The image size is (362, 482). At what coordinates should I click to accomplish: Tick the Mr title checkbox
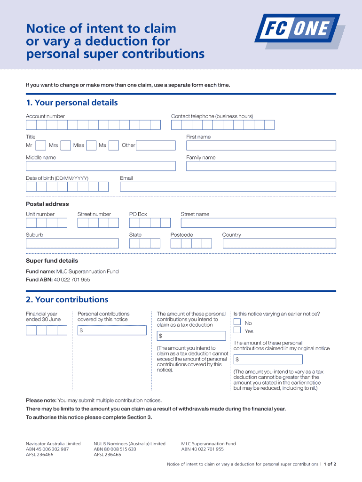[41, 145]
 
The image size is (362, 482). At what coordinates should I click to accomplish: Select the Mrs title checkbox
[66, 145]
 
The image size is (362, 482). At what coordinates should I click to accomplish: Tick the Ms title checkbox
[113, 145]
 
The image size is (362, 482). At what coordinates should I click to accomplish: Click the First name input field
[261, 145]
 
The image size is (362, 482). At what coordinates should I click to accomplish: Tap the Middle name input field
[101, 166]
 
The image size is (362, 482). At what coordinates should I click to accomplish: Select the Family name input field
[261, 166]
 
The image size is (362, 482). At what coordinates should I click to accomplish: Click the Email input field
[228, 187]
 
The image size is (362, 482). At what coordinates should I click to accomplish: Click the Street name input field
[258, 223]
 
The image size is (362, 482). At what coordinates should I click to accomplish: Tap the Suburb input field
[72, 243]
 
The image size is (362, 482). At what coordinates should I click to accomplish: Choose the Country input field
[279, 243]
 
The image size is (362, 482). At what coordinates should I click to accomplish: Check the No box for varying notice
[237, 321]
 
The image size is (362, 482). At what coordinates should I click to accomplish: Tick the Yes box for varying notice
[237, 330]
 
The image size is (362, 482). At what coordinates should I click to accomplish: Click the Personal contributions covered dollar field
[112, 330]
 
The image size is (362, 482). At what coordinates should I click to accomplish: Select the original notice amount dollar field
[268, 360]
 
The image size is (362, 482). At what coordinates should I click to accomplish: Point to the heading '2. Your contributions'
[67, 300]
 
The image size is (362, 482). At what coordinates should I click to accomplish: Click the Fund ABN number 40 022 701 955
[72, 280]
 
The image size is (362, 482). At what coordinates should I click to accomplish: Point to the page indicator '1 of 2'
[330, 464]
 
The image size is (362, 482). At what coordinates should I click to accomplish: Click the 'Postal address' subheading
[47, 204]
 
